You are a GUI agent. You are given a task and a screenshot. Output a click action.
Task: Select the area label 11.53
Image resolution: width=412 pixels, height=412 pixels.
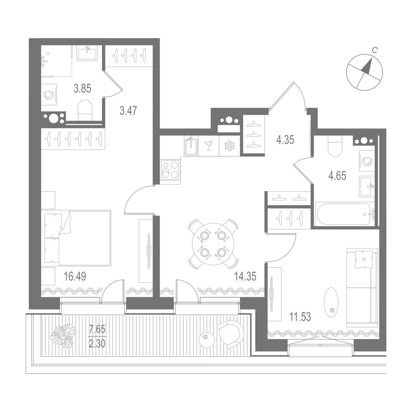pos(300,317)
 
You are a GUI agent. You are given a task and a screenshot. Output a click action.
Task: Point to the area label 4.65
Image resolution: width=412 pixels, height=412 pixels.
pos(337,176)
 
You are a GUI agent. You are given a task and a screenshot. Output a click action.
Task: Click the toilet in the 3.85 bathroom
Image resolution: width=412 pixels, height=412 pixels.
pos(85,110)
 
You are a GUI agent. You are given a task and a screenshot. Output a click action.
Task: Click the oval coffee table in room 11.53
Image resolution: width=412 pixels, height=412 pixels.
pos(331,300)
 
